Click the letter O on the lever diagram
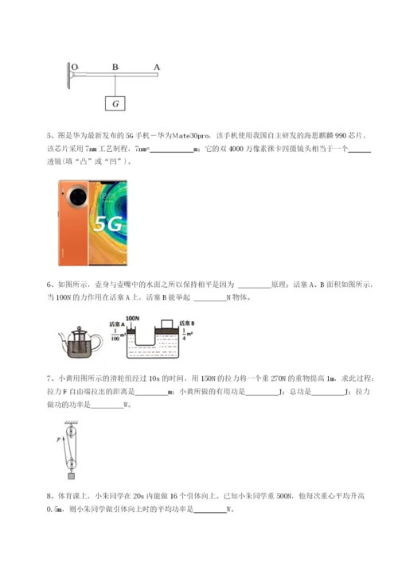(74, 67)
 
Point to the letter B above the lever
(115, 67)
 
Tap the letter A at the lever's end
(156, 67)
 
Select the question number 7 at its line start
(49, 379)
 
